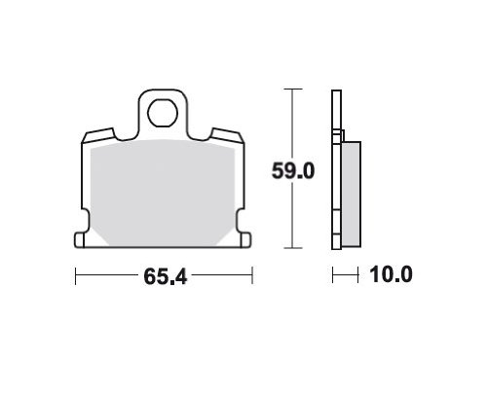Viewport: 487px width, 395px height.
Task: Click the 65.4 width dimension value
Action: [166, 276]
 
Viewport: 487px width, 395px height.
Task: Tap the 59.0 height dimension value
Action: [293, 171]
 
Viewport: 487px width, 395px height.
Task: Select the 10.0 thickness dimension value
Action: [391, 274]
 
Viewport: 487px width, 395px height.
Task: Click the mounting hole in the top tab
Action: [163, 113]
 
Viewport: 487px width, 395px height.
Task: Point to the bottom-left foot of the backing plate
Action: [80, 240]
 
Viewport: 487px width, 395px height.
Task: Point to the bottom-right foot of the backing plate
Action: [246, 240]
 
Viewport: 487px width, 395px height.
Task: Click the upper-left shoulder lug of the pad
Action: [98, 135]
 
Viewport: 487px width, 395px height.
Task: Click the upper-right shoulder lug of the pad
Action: [227, 135]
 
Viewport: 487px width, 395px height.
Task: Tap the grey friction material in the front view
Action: [163, 193]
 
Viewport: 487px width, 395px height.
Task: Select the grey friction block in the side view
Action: [351, 194]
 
